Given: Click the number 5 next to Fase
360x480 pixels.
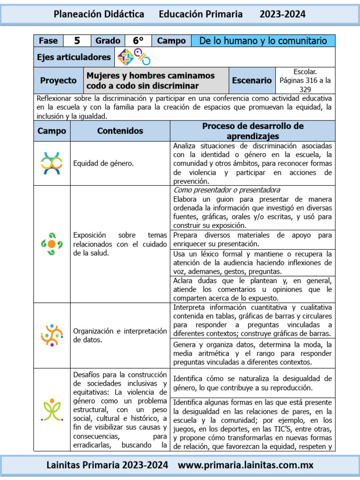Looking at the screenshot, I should pyautogui.click(x=77, y=41).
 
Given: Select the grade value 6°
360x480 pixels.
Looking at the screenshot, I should pyautogui.click(x=138, y=41).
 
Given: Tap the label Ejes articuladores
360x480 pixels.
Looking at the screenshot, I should pyautogui.click(x=74, y=57).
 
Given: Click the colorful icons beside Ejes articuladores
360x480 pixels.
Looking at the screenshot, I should pyautogui.click(x=134, y=57).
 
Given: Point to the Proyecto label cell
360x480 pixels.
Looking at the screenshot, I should pyautogui.click(x=58, y=81).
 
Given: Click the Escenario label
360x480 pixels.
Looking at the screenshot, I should pyautogui.click(x=252, y=81).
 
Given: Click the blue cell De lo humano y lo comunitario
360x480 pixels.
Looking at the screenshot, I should pyautogui.click(x=263, y=41).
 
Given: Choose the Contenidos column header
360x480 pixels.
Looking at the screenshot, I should pyautogui.click(x=120, y=131).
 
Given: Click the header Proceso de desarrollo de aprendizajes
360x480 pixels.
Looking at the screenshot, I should pyautogui.click(x=253, y=131).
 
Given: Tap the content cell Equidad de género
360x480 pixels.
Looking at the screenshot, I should pyautogui.click(x=103, y=164).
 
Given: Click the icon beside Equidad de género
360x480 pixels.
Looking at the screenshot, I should pyautogui.click(x=52, y=164).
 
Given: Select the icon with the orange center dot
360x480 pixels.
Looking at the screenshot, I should pyautogui.click(x=52, y=244).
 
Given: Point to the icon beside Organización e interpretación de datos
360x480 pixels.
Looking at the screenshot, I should pyautogui.click(x=52, y=335).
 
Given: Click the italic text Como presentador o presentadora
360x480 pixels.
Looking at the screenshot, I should pyautogui.click(x=227, y=190).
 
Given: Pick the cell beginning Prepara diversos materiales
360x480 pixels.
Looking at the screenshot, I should pyautogui.click(x=252, y=239).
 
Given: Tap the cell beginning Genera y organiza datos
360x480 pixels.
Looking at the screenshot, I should pyautogui.click(x=252, y=353).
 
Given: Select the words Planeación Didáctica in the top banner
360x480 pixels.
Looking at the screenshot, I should pyautogui.click(x=99, y=15).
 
